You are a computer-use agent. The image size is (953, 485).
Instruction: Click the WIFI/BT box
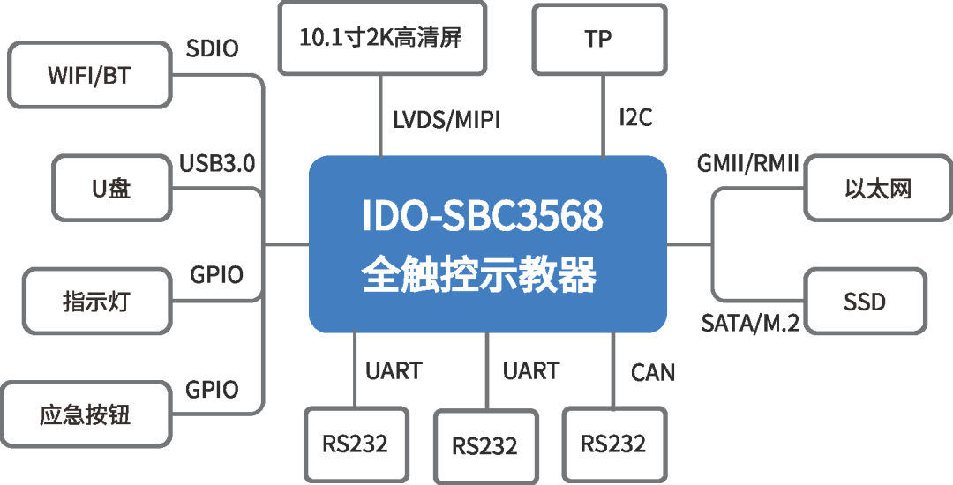pyautogui.click(x=88, y=75)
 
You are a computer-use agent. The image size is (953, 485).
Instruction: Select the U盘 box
pyautogui.click(x=111, y=188)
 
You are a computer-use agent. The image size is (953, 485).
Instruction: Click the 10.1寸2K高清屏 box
pyautogui.click(x=381, y=38)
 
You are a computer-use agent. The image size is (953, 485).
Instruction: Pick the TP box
pyautogui.click(x=598, y=39)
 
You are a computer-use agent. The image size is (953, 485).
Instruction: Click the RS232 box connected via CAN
pyautogui.click(x=612, y=443)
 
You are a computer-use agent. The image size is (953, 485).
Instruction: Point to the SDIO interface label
pyautogui.click(x=212, y=48)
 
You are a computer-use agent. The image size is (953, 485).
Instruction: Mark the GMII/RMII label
pyautogui.click(x=747, y=163)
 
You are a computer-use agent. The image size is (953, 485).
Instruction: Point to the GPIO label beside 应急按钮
pyautogui.click(x=212, y=390)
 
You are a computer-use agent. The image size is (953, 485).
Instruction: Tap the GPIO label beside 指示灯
pyautogui.click(x=216, y=275)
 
